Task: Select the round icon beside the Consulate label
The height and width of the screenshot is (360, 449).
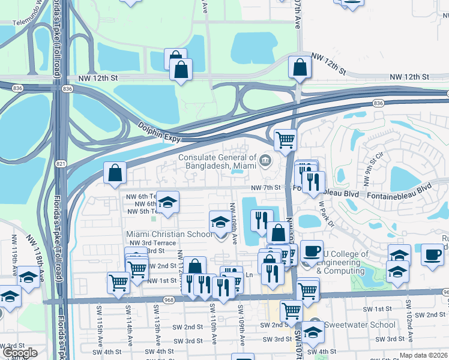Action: (x=265, y=160)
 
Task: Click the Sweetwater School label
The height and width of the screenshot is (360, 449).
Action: (x=360, y=325)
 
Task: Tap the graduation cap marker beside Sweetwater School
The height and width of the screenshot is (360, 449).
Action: (x=313, y=331)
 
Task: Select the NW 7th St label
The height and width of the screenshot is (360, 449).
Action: (x=266, y=188)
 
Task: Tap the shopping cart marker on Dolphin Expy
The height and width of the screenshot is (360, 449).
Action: (x=285, y=140)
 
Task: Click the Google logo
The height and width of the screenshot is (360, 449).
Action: (x=19, y=353)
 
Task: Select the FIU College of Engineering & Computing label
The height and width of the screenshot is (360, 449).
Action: (x=342, y=262)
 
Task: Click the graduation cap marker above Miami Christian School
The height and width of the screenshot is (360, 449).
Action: (x=220, y=223)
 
